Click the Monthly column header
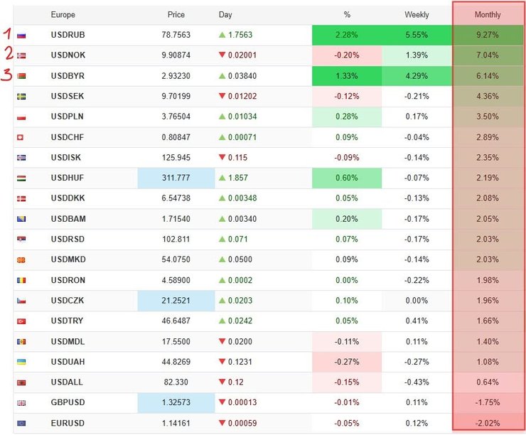pos(488,15)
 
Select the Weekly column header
pos(417,15)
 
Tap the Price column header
pos(176,15)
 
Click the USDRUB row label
pos(68,35)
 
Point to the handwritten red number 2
pos(9,53)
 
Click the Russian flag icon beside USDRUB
pos(21,36)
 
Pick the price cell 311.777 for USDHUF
pos(176,178)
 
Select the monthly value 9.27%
pos(488,35)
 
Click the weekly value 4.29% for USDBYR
pos(417,76)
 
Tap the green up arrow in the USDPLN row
pos(222,117)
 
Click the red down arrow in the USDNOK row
pos(222,55)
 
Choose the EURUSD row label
pos(68,423)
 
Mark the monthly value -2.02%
pos(488,423)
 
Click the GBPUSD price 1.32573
pos(176,402)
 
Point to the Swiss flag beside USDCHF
pos(20,137)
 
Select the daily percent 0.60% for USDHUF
pos(347,178)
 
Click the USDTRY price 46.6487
pos(176,321)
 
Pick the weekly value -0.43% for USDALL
pos(417,382)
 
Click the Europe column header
pos(63,15)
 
